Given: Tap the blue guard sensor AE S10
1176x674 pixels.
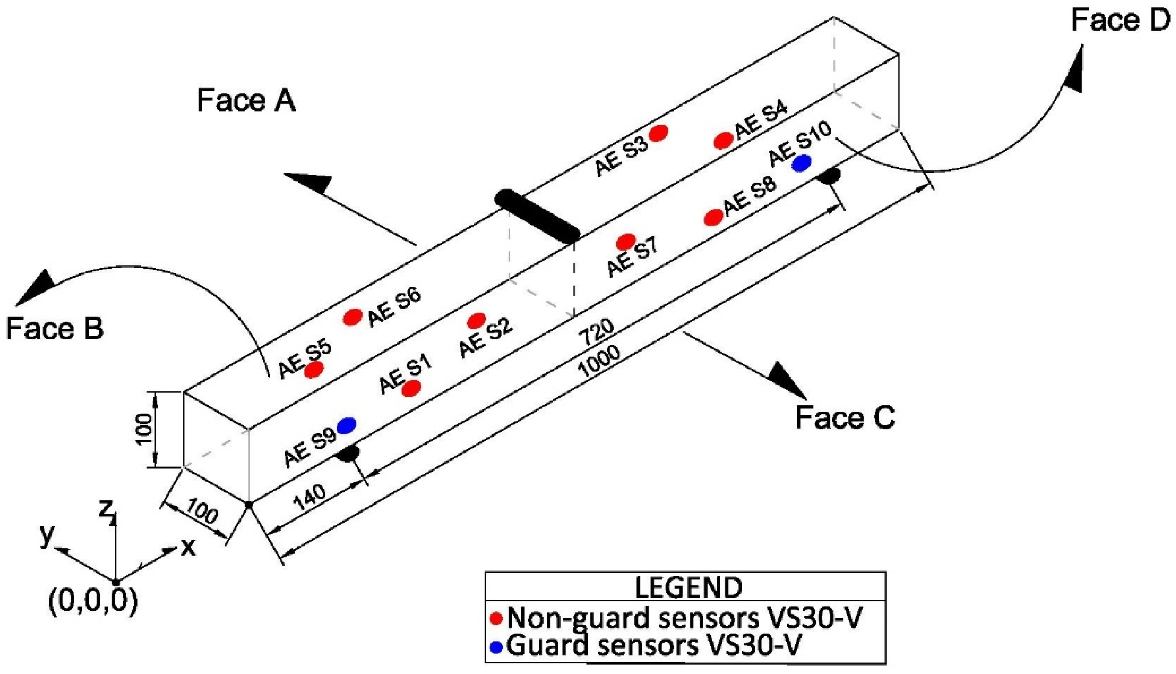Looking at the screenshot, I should [x=801, y=163].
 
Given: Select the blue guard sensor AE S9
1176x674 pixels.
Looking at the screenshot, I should [x=346, y=425].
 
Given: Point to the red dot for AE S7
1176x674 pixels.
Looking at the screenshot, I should [x=626, y=241].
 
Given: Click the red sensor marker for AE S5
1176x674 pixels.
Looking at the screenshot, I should [x=314, y=369].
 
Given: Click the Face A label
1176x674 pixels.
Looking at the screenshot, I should [x=246, y=101].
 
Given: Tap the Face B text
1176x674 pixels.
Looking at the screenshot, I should [x=55, y=329].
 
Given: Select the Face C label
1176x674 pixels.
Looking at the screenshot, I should [x=845, y=417].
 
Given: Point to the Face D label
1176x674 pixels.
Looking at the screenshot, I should [x=1120, y=21].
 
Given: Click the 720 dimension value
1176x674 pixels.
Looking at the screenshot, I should [x=597, y=332].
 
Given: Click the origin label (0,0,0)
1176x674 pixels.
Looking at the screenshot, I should [x=93, y=602].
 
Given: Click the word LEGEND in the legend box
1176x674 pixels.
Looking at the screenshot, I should [x=688, y=587].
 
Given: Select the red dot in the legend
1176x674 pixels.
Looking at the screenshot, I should [x=497, y=618].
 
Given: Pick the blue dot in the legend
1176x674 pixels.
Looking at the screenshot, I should [x=496, y=647].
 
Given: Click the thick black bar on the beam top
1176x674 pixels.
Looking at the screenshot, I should [x=537, y=216].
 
